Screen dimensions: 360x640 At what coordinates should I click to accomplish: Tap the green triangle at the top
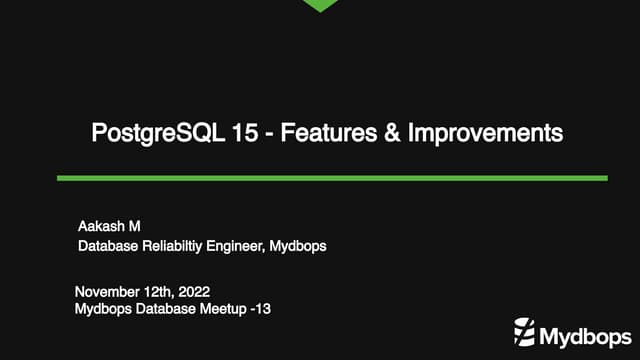click(x=320, y=5)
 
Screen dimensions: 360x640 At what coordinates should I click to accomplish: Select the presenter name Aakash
click(x=97, y=224)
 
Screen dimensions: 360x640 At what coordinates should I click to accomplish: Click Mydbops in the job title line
click(x=299, y=243)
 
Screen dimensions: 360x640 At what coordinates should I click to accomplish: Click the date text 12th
click(x=157, y=291)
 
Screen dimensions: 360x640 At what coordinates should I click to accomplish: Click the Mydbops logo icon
click(x=526, y=331)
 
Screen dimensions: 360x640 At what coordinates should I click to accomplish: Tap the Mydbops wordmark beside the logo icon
click(x=582, y=332)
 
